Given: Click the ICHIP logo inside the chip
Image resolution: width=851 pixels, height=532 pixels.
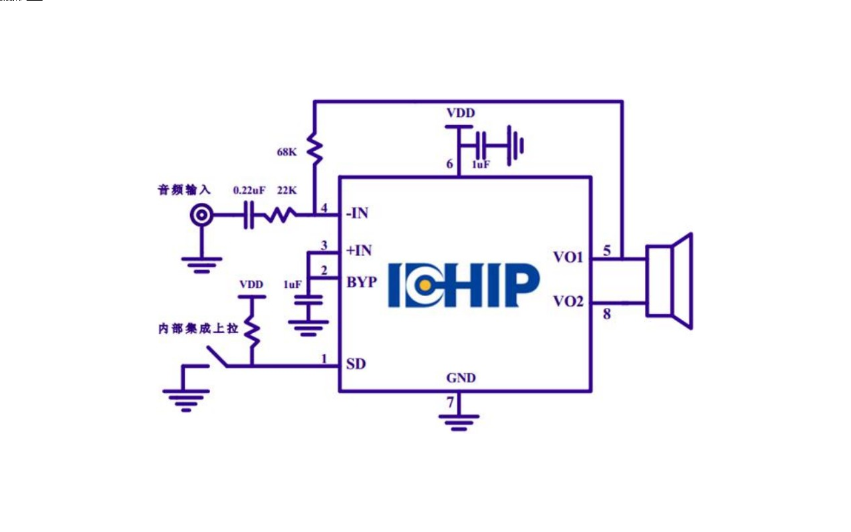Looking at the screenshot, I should [463, 285].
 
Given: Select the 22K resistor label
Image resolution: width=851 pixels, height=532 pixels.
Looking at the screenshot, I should [287, 190].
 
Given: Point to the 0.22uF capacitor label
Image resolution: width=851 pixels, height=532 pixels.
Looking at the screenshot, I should [249, 190].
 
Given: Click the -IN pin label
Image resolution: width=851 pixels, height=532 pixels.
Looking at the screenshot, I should [357, 214].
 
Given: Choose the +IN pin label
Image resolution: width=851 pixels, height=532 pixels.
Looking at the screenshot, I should [359, 251].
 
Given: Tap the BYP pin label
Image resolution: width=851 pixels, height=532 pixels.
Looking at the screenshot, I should [362, 281].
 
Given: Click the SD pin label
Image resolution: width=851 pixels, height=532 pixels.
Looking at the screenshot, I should [356, 364].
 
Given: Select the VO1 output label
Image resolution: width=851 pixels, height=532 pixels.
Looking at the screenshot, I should [568, 257].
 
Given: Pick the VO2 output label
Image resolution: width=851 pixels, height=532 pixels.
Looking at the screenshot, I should [568, 301].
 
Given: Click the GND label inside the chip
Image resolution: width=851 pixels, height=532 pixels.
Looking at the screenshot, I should [461, 378].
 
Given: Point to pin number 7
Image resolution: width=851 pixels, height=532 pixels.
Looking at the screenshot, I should [450, 402].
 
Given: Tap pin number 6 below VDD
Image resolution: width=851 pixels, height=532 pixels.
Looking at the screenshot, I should [449, 164].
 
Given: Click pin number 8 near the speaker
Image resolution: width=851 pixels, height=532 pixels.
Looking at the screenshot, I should [606, 314].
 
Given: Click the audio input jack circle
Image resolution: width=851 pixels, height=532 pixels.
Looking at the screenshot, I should [202, 215].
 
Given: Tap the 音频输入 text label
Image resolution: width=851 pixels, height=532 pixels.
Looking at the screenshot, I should [183, 190].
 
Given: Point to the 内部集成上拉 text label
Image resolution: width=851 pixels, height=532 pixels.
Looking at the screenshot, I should [197, 329].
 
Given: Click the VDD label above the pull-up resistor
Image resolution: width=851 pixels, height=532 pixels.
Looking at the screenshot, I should [251, 285].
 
